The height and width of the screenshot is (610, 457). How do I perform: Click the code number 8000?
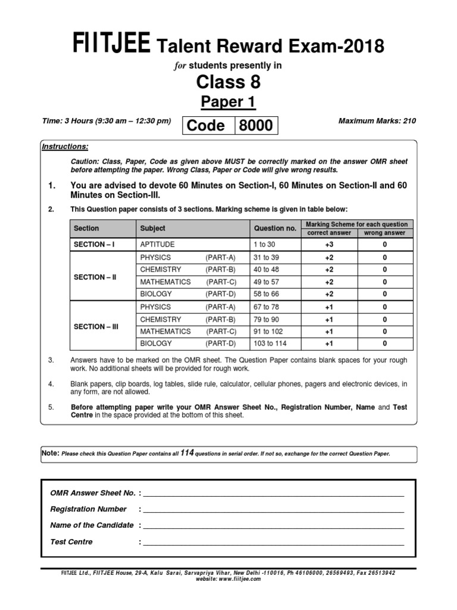coord(256,126)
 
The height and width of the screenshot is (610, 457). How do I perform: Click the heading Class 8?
coord(228,82)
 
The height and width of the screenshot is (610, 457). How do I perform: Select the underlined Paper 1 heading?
coord(228,102)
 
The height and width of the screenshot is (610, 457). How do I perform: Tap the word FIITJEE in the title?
coord(112,45)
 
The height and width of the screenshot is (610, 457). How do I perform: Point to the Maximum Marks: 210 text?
coord(377,121)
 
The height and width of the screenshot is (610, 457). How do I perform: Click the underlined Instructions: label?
coord(65,147)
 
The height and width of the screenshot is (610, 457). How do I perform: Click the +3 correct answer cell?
coord(329,245)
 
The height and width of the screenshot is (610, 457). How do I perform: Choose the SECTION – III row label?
coord(95,326)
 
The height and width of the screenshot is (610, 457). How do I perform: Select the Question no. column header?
coord(275,228)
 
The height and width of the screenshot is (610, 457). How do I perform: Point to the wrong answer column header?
coord(384,233)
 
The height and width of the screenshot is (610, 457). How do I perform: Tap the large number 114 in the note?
coord(188,453)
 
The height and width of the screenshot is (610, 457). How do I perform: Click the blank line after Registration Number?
coord(273,511)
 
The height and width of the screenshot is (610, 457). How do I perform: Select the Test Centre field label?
coord(71,542)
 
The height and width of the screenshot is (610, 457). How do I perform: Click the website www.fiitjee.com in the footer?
coord(228,578)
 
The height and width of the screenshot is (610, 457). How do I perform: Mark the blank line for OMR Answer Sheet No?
coord(273,494)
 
